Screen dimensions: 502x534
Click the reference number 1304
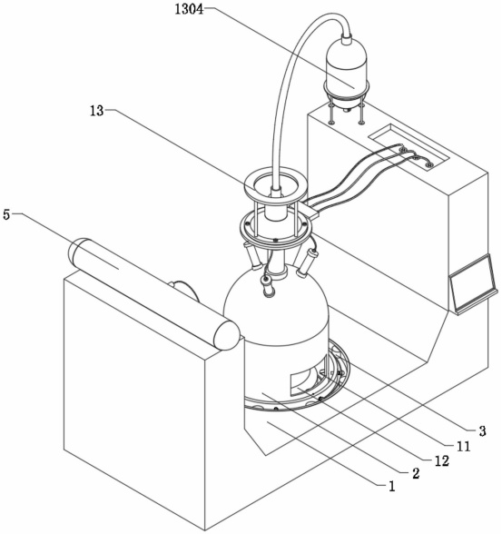point(189,9)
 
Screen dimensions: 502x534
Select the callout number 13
point(96,111)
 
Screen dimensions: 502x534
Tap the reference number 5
point(6,215)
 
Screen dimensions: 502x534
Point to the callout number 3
point(482,431)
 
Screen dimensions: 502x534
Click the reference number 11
point(463,446)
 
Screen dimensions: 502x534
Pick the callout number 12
point(442,460)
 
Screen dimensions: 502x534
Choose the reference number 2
point(416,473)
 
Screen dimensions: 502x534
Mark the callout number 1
point(392,486)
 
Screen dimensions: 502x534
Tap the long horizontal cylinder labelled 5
point(153,293)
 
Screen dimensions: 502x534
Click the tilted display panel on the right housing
point(474,283)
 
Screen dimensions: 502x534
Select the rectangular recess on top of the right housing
point(408,145)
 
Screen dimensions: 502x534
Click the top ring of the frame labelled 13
point(276,185)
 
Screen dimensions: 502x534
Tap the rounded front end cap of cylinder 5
point(226,335)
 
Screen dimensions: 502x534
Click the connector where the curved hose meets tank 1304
point(347,37)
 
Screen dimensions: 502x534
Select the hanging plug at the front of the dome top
point(268,285)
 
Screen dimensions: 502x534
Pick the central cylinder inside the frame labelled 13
point(276,204)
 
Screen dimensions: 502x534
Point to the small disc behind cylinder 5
point(184,291)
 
